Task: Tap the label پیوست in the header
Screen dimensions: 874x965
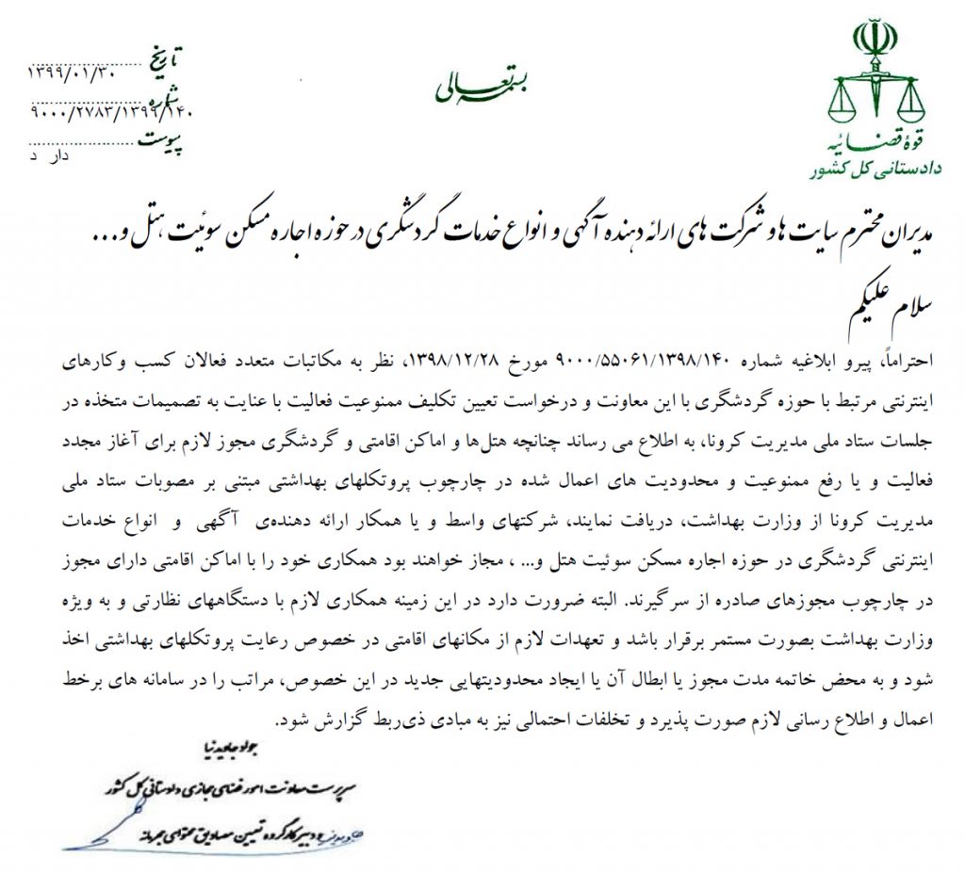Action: click(166, 139)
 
